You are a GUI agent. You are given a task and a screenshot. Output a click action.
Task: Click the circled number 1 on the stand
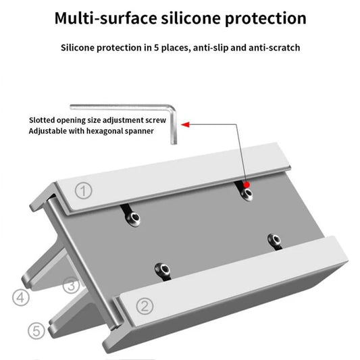click(x=84, y=190)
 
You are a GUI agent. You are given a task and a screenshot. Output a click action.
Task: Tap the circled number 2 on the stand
click(x=145, y=306)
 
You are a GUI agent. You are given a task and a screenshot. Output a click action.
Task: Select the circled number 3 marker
click(x=71, y=286)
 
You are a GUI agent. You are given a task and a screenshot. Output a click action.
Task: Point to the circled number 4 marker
click(x=21, y=298)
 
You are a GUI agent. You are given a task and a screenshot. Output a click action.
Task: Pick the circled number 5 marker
click(x=36, y=331)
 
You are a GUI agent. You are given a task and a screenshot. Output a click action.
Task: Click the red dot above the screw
click(x=247, y=185)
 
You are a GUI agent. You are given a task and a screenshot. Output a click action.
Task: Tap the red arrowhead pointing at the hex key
click(x=185, y=125)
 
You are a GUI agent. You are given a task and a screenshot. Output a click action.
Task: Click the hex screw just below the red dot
click(x=247, y=194)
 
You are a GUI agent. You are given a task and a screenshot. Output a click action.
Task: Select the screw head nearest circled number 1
click(x=133, y=218)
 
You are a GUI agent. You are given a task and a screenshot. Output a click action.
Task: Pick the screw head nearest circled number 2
click(x=163, y=269)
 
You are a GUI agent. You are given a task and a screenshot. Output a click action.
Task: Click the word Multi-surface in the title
click(x=106, y=18)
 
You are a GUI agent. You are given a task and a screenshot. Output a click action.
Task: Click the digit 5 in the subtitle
click(x=156, y=48)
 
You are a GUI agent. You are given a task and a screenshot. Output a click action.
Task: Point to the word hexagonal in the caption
click(x=104, y=131)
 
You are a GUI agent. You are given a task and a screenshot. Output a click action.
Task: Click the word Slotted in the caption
click(x=42, y=120)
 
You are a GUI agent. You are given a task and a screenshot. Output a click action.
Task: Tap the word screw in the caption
click(x=157, y=120)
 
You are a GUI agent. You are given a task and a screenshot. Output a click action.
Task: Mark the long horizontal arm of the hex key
click(x=120, y=107)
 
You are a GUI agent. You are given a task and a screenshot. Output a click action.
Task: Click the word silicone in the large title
click(x=190, y=18)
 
